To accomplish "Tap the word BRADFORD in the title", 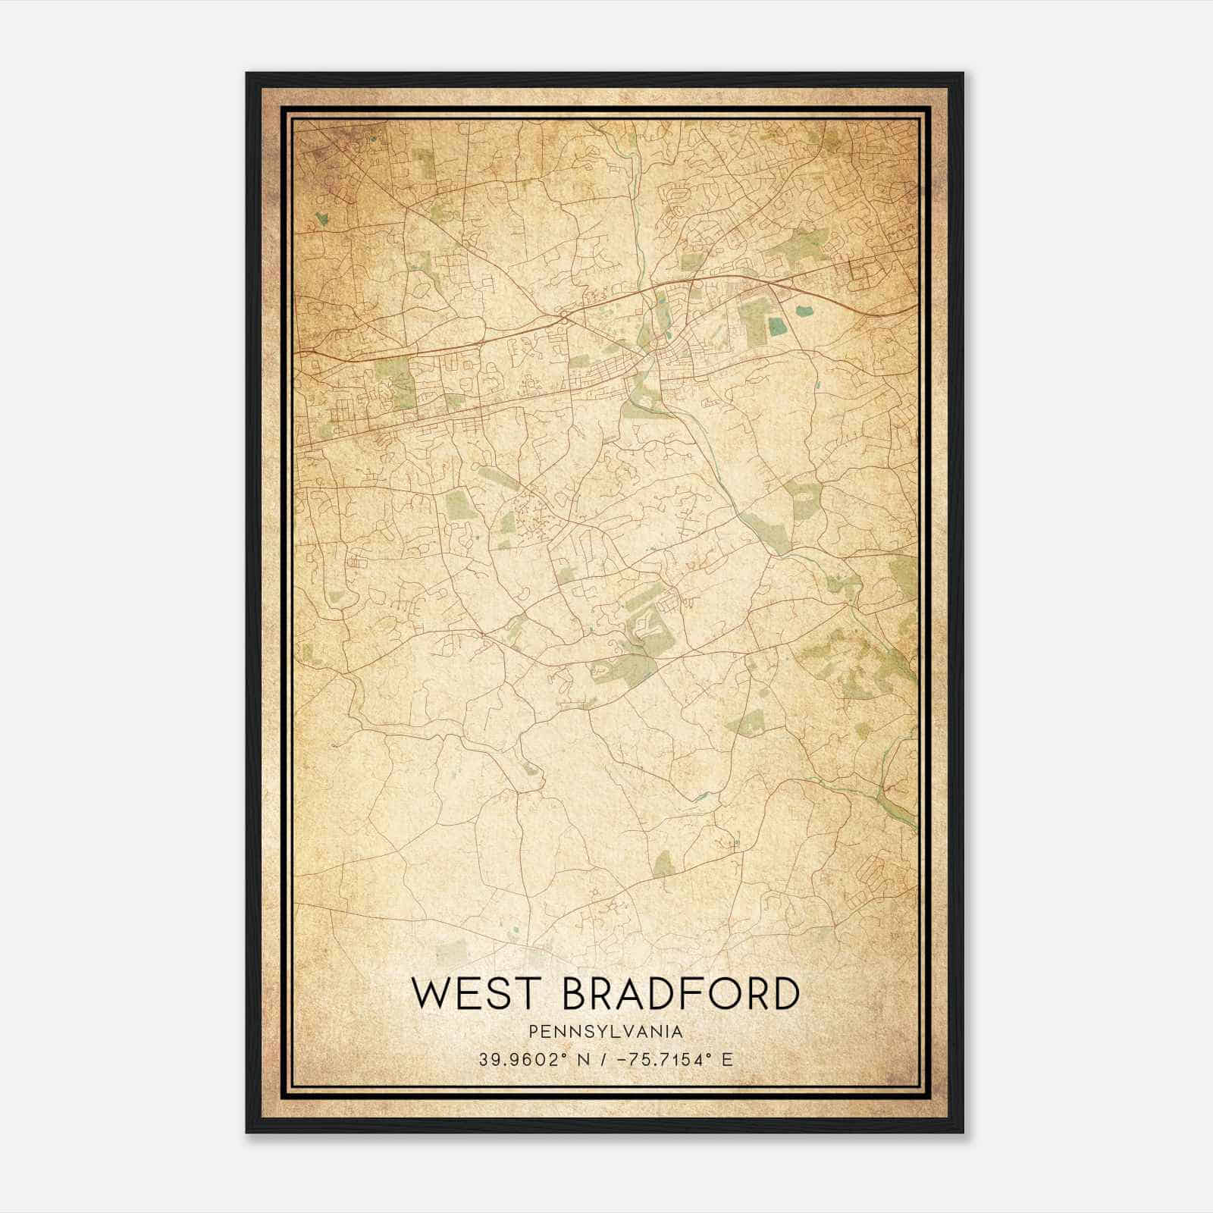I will point(682,994).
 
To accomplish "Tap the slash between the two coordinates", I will point(603,1059).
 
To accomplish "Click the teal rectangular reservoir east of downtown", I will point(777,327).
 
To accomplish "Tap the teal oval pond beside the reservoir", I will point(802,309).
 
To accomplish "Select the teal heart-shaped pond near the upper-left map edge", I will point(322,219).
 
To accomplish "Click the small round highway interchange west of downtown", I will point(564,317).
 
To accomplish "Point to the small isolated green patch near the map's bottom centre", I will point(663,863).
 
